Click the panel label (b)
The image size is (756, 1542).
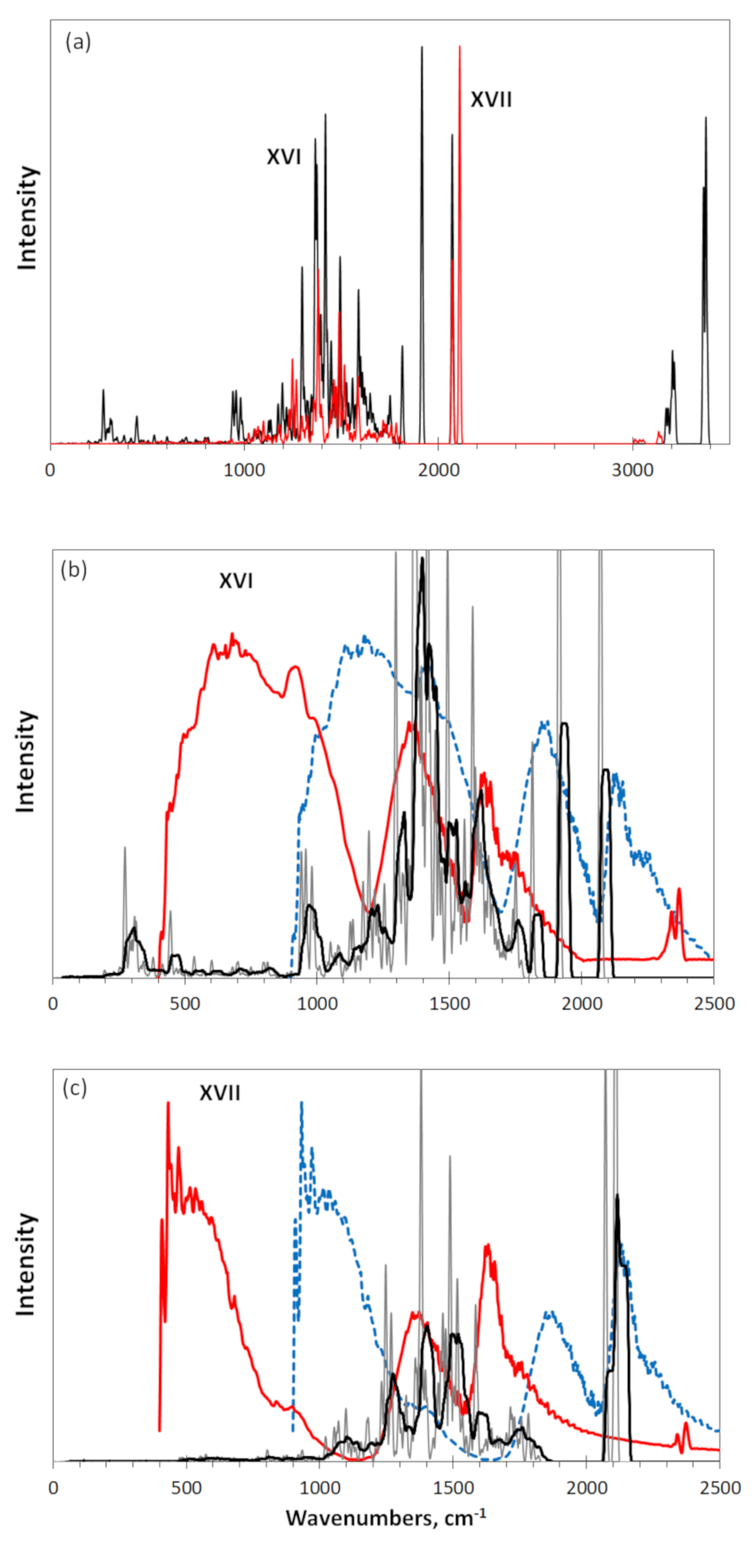73,570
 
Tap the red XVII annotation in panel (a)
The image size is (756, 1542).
490,100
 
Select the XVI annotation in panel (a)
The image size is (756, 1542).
283,157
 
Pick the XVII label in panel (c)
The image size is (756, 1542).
220,1093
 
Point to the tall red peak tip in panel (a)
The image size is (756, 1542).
459,48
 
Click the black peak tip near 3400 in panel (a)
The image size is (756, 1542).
706,118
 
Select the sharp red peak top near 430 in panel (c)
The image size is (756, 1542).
168,1103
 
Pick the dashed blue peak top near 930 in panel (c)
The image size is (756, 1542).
301,1103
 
